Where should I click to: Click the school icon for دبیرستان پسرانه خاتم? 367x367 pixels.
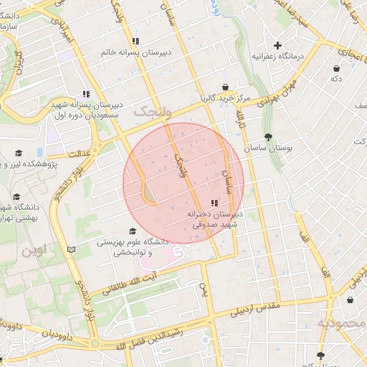coord(136,41)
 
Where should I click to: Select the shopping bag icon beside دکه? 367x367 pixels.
coord(336,68)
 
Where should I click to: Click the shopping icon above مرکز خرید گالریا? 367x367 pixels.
coord(224,87)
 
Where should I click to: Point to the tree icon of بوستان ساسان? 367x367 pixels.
coord(268,136)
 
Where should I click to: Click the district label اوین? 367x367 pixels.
coord(33,252)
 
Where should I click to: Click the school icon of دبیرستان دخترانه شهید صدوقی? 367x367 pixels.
coord(215,204)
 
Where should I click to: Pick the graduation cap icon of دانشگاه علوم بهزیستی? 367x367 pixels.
coord(131,232)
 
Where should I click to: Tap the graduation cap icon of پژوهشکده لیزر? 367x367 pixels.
coord(19,153)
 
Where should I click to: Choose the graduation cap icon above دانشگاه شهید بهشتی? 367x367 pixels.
coord(16,197)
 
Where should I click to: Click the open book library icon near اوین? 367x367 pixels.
coord(70,249)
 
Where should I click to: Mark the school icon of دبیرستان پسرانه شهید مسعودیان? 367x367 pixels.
coord(86,94)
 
